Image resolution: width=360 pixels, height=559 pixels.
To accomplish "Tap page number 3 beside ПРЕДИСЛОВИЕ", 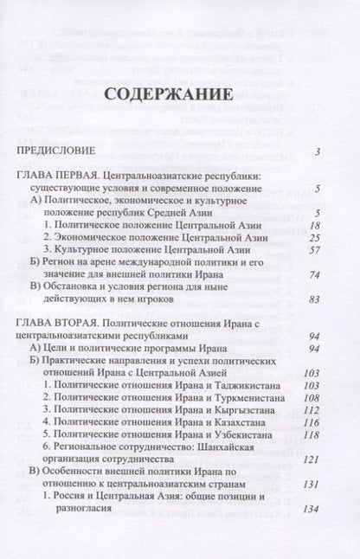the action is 319,153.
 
